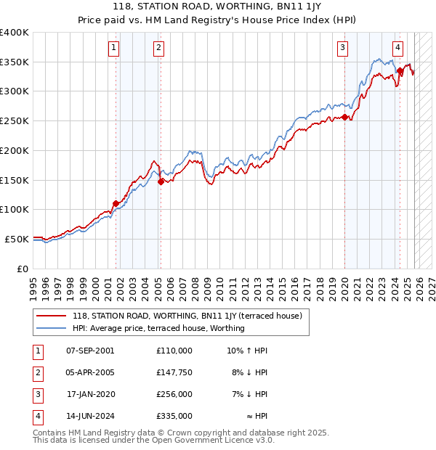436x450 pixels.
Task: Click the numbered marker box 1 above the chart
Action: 115,49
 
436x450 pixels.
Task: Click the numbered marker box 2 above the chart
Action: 158,49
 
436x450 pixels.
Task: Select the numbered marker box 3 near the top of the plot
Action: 342,49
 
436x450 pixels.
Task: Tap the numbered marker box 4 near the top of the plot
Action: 398,49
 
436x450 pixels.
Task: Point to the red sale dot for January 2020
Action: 344,118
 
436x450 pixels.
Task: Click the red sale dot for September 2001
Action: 116,204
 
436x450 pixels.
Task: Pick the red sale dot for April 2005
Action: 161,181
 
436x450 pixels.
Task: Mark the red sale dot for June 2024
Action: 400,71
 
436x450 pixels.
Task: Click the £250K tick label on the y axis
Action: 14,120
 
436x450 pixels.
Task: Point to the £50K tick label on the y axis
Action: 17,239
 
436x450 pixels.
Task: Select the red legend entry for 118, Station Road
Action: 191,316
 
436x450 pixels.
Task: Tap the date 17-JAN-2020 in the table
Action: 89,394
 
